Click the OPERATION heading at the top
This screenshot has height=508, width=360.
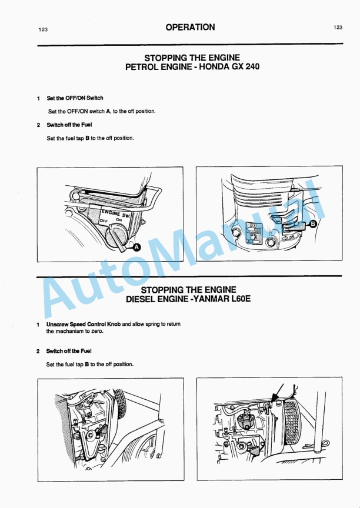tap(190, 27)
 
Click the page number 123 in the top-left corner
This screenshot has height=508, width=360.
tap(43, 29)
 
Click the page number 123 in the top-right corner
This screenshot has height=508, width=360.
tap(338, 27)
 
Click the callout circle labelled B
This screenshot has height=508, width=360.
tap(313, 224)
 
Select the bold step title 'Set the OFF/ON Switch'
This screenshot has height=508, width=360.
tap(75, 98)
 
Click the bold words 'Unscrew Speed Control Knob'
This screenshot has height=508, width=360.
tap(83, 324)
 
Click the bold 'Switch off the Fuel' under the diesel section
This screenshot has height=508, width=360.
tap(69, 351)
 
